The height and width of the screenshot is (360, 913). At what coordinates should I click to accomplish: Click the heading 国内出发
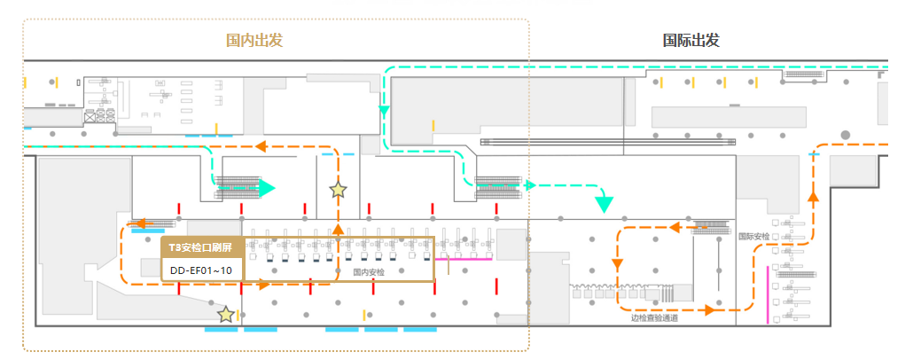254,41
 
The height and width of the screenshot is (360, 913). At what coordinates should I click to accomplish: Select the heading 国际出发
691,41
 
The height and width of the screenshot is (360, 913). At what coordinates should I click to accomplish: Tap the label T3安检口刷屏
200,247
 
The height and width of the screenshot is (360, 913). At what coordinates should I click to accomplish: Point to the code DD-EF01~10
201,270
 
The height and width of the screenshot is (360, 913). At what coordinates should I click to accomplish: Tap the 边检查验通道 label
654,317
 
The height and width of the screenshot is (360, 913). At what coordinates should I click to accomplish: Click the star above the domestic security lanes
338,190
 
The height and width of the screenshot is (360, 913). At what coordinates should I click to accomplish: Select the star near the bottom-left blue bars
226,314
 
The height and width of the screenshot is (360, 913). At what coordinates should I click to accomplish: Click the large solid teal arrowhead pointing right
266,187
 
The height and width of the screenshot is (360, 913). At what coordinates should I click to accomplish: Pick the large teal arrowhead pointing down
605,202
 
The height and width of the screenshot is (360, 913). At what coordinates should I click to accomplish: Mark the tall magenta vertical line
767,289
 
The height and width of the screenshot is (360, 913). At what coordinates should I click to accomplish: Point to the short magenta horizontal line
470,260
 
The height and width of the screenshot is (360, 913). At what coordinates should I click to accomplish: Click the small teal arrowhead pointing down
385,110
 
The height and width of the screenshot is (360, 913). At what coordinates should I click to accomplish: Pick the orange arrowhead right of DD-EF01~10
263,285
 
